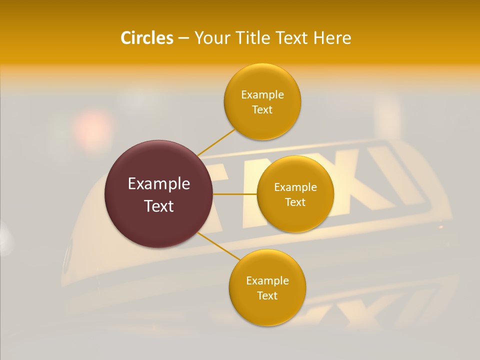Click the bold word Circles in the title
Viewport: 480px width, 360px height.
[146, 38]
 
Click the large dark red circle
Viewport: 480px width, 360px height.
[158, 194]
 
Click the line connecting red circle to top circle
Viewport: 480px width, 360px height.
[216, 142]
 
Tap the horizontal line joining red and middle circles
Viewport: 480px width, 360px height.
[234, 194]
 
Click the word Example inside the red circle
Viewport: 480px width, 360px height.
[158, 184]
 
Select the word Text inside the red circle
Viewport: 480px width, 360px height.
[158, 206]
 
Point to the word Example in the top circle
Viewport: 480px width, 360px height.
[262, 94]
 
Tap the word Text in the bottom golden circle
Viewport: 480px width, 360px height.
[267, 295]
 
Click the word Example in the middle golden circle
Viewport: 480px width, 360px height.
[295, 187]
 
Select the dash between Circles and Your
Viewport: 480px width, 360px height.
[183, 38]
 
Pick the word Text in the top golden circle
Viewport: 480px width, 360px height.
[262, 109]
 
